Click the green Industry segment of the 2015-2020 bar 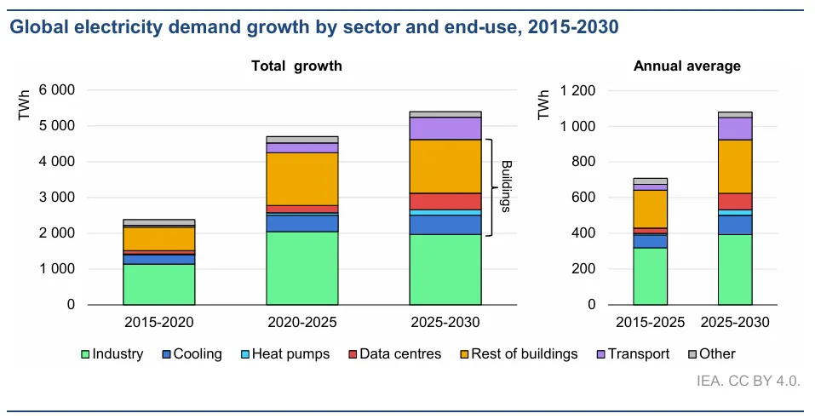click(158, 284)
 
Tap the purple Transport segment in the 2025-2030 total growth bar click(445, 128)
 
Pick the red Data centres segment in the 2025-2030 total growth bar click(445, 201)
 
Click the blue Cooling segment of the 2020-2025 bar click(302, 222)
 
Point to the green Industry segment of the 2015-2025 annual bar click(650, 276)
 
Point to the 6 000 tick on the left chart click(57, 90)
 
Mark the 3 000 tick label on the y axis click(57, 198)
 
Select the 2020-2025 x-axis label click(302, 322)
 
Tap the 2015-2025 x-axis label click(650, 322)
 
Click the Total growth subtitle click(296, 66)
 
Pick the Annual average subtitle click(687, 66)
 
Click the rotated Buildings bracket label click(504, 186)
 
